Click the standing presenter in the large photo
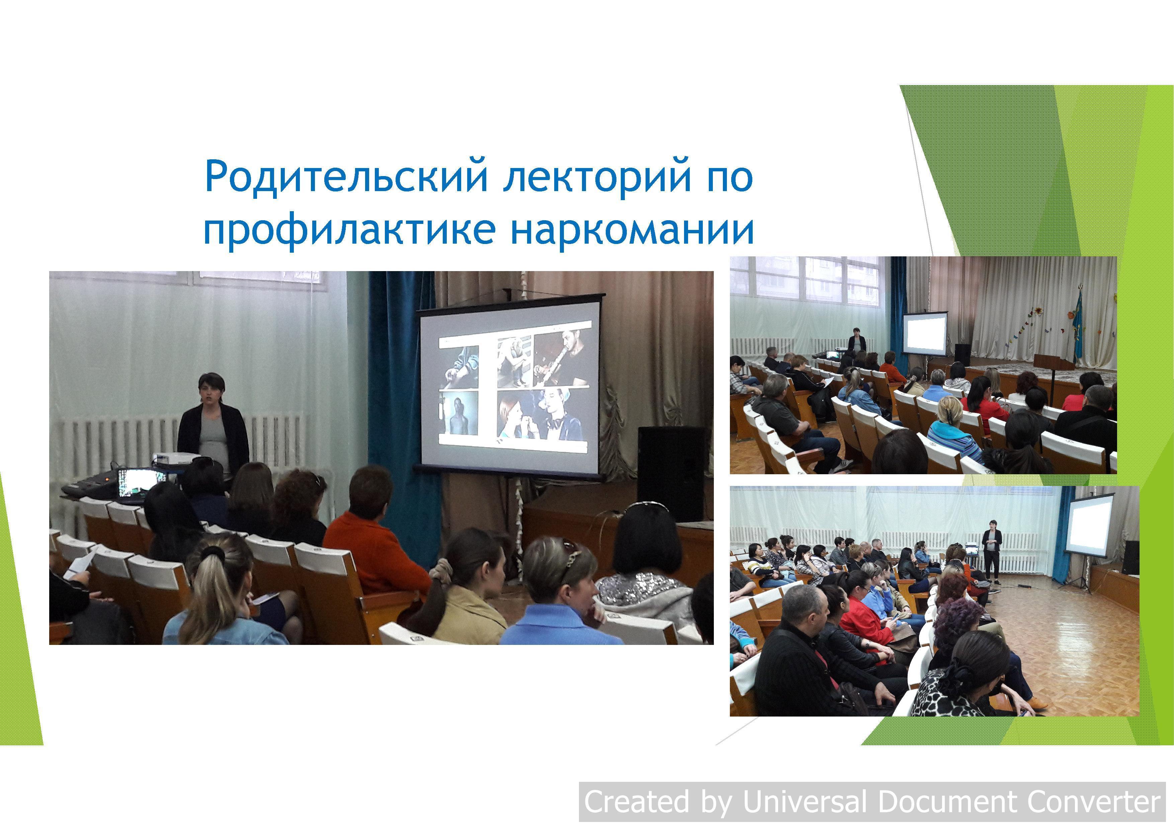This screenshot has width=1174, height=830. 213,425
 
